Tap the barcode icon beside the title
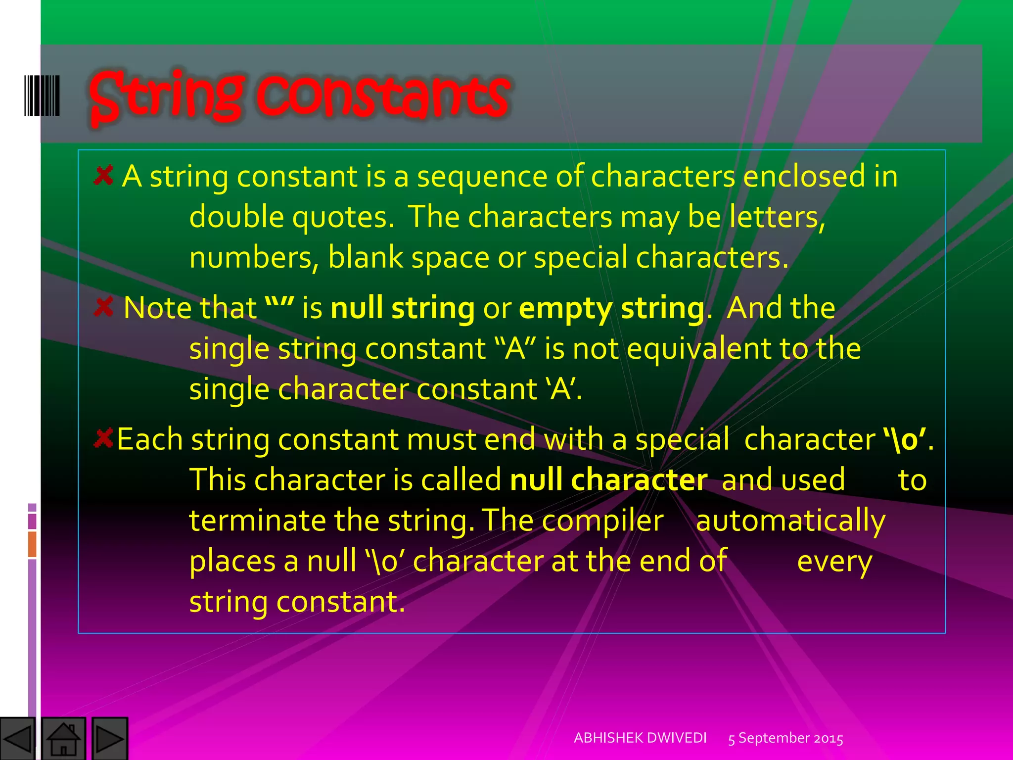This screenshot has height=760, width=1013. pyautogui.click(x=42, y=95)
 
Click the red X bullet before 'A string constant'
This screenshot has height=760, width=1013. pyautogui.click(x=103, y=176)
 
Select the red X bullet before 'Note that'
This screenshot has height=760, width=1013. pyautogui.click(x=103, y=307)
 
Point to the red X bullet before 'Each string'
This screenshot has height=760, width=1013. pyautogui.click(x=103, y=438)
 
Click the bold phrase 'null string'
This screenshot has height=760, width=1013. pyautogui.click(x=403, y=308)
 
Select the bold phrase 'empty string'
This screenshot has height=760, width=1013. pyautogui.click(x=611, y=309)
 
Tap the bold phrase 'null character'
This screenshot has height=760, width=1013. pyautogui.click(x=608, y=480)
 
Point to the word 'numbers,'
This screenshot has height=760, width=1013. pyautogui.click(x=254, y=258)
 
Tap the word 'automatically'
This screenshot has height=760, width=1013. pyautogui.click(x=790, y=522)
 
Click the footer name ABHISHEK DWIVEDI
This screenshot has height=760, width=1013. pyautogui.click(x=640, y=738)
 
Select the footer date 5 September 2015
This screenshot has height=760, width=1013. pyautogui.click(x=785, y=738)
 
